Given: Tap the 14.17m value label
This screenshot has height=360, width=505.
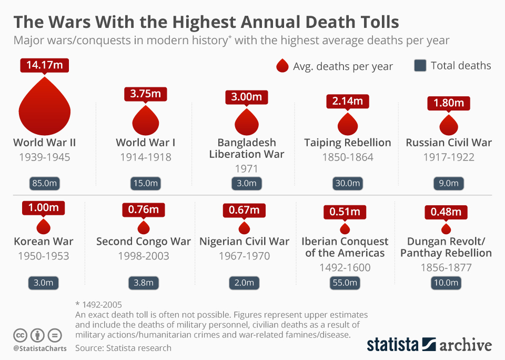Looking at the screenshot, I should [x=44, y=66].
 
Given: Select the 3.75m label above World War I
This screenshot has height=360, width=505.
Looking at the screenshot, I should [x=146, y=94].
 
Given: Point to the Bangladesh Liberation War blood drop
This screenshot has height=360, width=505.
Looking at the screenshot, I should [x=246, y=122].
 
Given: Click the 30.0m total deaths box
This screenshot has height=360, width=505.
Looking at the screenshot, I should [x=347, y=184].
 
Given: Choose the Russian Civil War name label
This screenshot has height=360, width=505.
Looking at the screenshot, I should [x=449, y=143].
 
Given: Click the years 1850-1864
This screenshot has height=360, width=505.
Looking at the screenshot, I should [x=347, y=157].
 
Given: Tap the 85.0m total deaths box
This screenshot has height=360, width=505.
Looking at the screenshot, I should [x=44, y=184].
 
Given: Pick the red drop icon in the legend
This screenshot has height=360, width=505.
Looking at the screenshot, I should [x=282, y=66].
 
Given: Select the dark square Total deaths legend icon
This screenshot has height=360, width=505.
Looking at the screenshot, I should [x=420, y=66].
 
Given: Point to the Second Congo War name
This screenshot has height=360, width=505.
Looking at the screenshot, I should [x=144, y=242].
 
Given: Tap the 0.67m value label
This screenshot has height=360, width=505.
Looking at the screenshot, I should [x=244, y=210].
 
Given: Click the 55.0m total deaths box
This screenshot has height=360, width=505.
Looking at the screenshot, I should [x=345, y=283].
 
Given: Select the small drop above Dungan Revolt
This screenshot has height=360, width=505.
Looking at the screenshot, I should [x=446, y=229].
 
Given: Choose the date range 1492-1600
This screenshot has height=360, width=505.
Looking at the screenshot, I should [x=345, y=267].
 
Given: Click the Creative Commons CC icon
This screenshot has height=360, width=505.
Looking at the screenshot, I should [x=20, y=335].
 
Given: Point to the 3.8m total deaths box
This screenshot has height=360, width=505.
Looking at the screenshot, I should [x=144, y=283].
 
